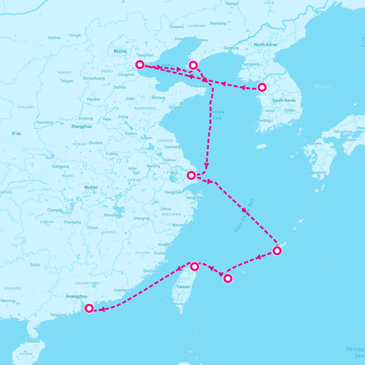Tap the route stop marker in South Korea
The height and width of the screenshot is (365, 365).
[262, 87]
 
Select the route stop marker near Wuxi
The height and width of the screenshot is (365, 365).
[191, 175]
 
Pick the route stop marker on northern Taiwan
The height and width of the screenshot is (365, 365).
[195, 266]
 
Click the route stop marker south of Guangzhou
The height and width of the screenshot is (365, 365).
[89, 308]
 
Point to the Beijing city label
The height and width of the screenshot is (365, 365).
[120, 51]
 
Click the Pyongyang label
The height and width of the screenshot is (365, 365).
[250, 64]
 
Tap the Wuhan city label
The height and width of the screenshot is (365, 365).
[91, 187]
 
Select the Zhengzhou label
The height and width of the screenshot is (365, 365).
[81, 127]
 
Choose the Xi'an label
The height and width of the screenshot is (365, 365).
[16, 134]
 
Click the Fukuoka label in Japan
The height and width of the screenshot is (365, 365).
[315, 143]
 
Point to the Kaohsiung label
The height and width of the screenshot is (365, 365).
[175, 304]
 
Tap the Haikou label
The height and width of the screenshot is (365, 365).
[34, 341]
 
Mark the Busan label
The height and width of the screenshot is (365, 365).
[297, 120]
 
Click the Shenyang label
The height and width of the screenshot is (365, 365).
[218, 23]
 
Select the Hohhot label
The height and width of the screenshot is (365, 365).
[54, 38]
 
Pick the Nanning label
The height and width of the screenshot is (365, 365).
[8, 301]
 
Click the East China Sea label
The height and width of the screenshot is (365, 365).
[244, 216]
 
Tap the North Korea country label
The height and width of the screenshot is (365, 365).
[266, 45]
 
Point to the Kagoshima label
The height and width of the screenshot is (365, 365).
[317, 172]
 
